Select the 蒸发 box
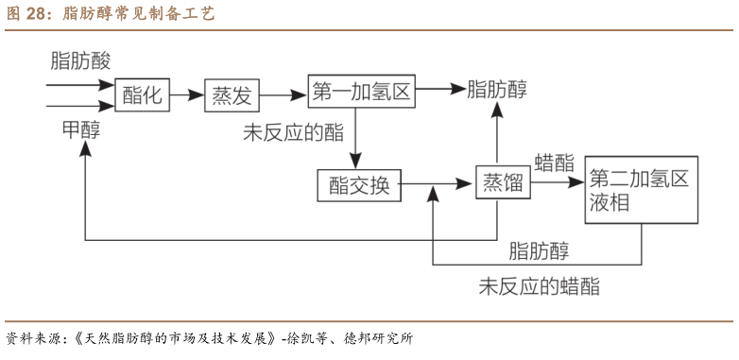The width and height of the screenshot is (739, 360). pyautogui.click(x=232, y=94)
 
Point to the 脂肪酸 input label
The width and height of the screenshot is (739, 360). pyautogui.click(x=81, y=61)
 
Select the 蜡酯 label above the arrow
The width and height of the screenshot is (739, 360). pyautogui.click(x=555, y=162)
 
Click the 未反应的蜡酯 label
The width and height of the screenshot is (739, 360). pyautogui.click(x=539, y=286)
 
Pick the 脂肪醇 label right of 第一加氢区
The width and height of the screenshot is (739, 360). pyautogui.click(x=497, y=90)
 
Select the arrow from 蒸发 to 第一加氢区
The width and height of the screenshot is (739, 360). pyautogui.click(x=284, y=94)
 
